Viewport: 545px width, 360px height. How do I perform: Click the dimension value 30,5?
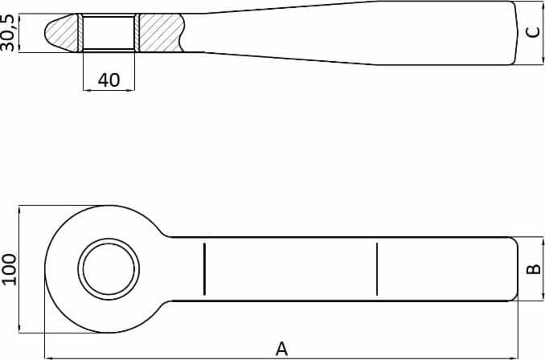pos(8,33)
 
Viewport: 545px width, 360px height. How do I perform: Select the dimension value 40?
pos(109,80)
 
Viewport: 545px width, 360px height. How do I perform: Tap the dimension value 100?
pos(9,269)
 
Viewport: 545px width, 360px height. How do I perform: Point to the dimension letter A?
pos(281,349)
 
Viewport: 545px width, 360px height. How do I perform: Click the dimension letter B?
pos(534,269)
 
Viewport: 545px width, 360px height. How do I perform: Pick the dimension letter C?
pos(534,32)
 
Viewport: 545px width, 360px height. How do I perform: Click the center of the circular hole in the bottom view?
pos(109,269)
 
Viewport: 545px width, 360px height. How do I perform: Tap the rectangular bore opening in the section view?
pos(109,33)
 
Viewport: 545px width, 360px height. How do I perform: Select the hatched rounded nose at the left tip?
pos(61,33)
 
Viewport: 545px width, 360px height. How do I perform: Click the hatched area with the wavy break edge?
pos(161,33)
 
